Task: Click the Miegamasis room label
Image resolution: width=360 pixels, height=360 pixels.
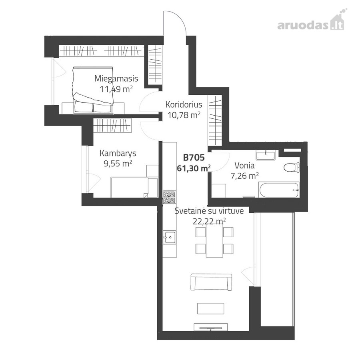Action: (116, 79)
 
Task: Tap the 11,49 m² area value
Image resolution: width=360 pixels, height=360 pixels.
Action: (116, 89)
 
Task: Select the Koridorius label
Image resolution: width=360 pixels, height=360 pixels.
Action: (184, 104)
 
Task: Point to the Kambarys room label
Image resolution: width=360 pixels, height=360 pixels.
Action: (118, 153)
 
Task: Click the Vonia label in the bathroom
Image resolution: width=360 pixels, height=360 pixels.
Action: (244, 166)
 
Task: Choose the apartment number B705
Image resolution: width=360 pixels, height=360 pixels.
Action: (194, 158)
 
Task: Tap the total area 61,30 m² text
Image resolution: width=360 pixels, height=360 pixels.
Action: (194, 168)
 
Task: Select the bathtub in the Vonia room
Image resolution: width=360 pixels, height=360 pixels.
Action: (279, 190)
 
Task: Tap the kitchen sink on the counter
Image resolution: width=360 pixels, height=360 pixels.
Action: (170, 237)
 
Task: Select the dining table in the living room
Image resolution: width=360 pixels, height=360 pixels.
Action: (214, 240)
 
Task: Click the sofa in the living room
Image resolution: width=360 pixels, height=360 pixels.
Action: (212, 282)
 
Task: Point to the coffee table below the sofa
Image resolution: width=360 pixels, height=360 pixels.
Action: (210, 308)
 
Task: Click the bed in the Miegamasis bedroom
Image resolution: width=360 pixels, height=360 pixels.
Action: (93, 90)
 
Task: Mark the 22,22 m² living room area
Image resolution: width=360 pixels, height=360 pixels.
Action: (209, 221)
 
